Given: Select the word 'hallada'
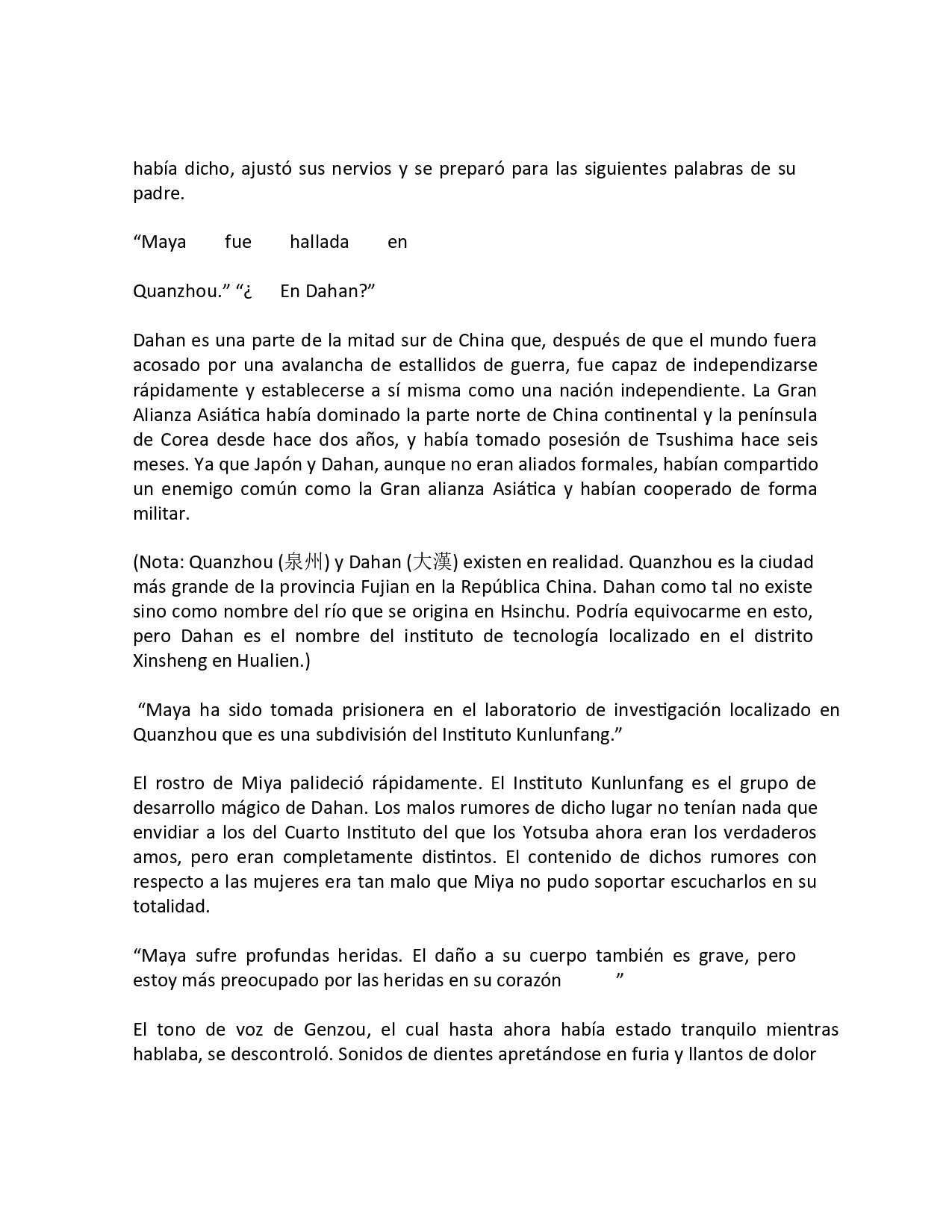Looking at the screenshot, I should pyautogui.click(x=319, y=242).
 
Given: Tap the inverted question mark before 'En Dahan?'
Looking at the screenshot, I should pyautogui.click(x=247, y=291).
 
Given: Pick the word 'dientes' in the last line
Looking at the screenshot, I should pyautogui.click(x=431, y=1055).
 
